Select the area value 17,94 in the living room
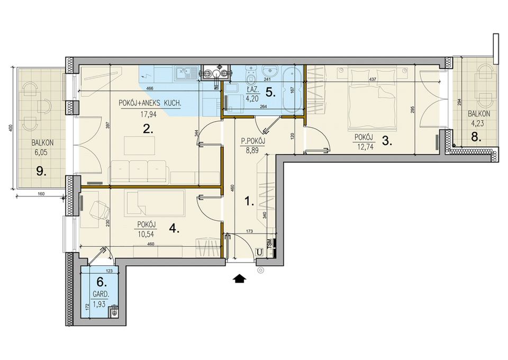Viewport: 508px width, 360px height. coord(148,114)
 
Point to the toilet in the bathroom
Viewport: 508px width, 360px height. coord(250,75)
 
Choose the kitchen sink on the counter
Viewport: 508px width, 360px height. coord(186,73)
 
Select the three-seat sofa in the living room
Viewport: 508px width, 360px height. coord(139,171)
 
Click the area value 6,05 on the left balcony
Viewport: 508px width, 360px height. coord(41,152)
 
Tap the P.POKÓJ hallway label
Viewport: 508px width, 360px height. coord(253,141)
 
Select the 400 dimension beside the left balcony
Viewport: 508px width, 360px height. coord(11,128)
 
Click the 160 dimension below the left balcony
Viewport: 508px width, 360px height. coord(41,194)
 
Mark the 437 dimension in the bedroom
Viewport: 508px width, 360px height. coord(373,79)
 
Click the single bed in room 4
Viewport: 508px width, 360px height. coord(154,203)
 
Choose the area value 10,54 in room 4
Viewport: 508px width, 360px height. coord(146,234)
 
